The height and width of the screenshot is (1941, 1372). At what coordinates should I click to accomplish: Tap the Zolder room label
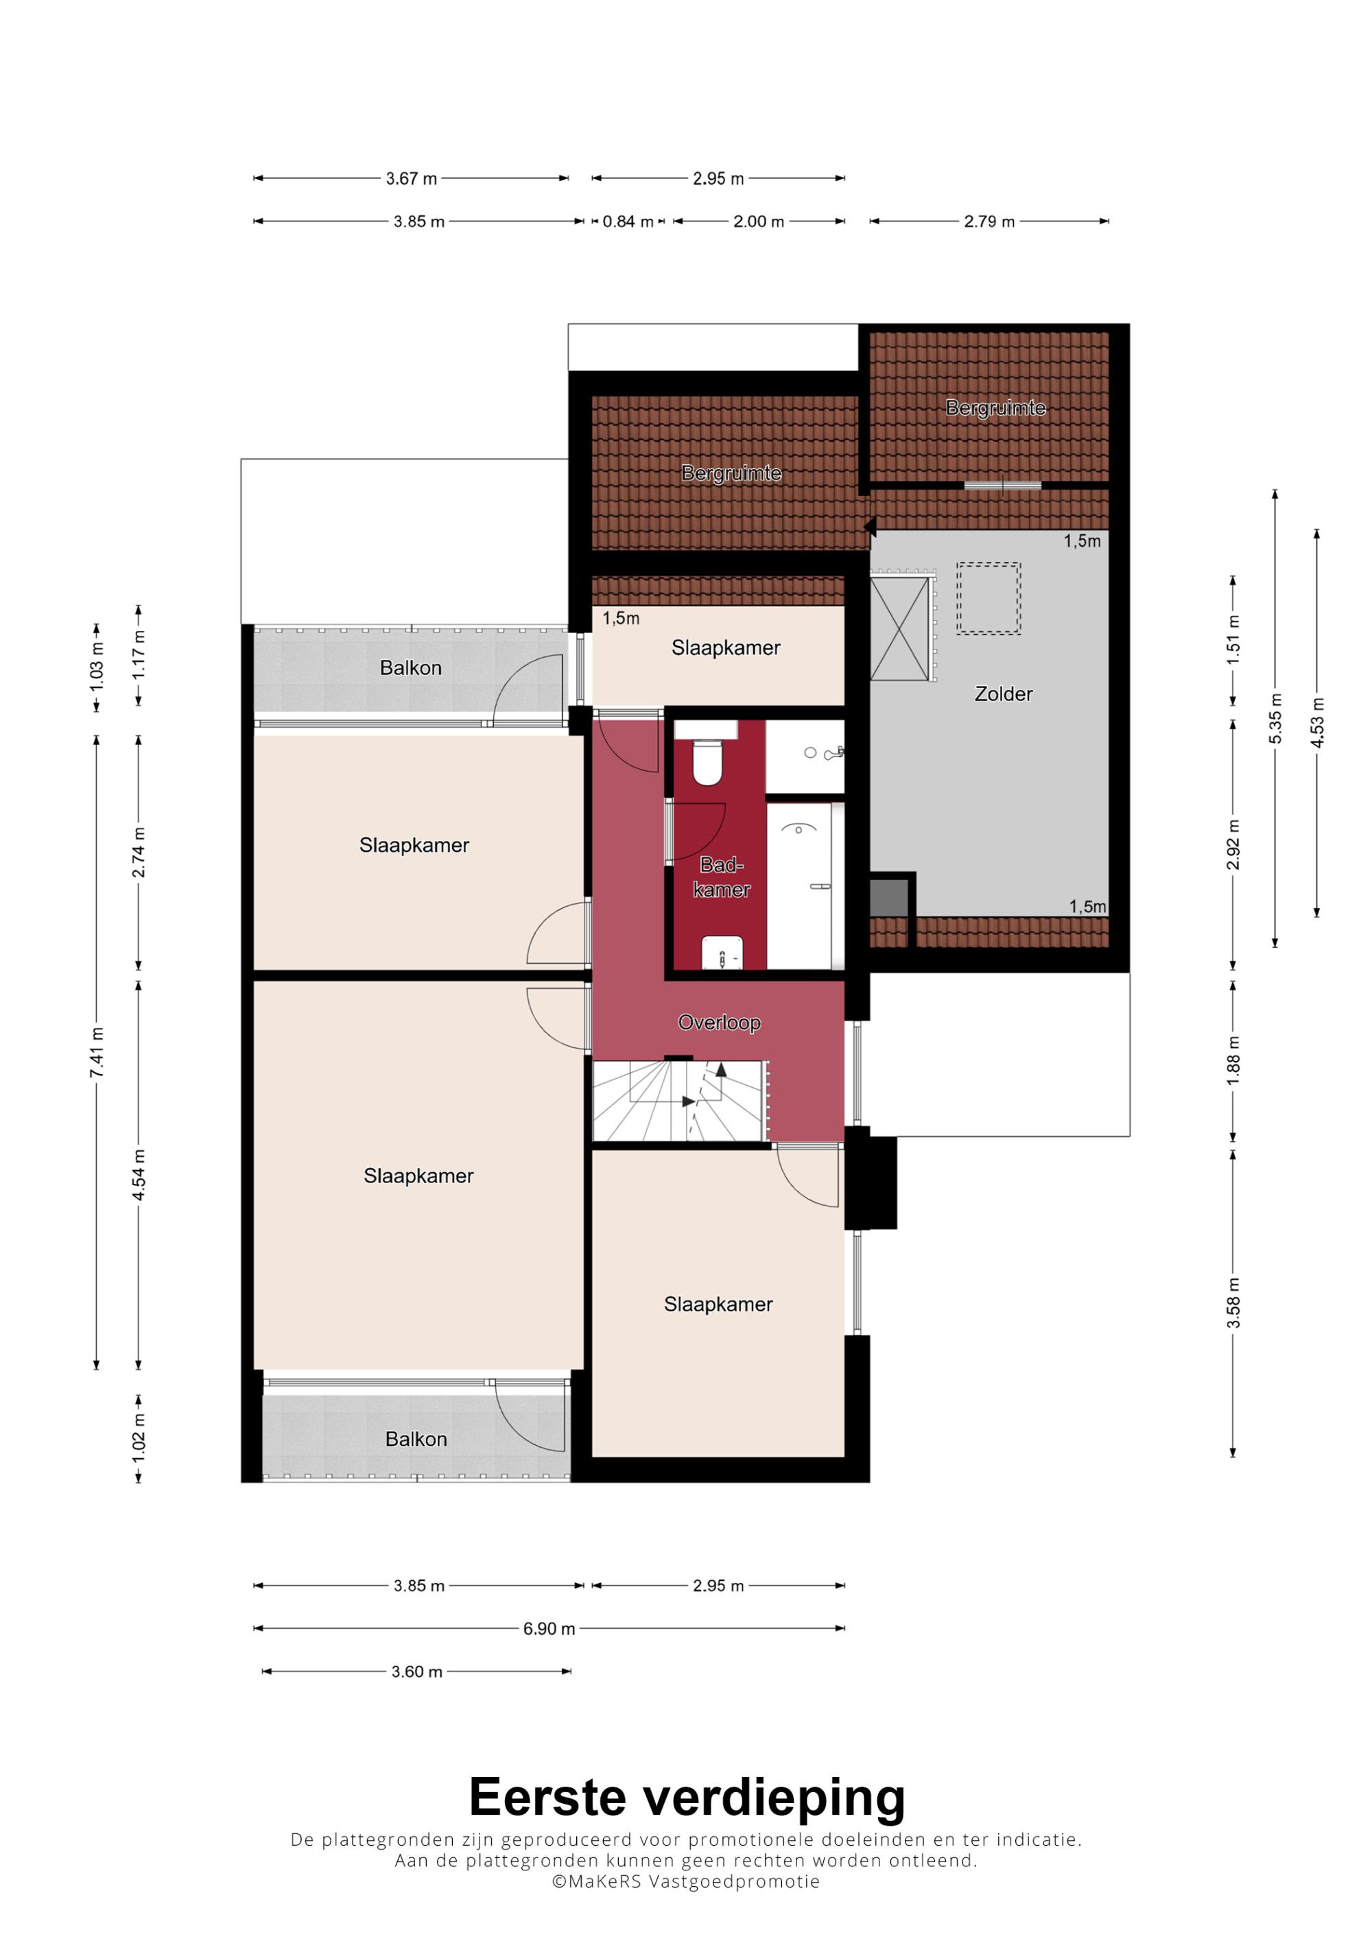(1004, 694)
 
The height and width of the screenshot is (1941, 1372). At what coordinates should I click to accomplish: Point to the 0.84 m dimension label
(627, 222)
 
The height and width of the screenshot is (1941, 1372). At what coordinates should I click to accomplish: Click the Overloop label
(720, 1023)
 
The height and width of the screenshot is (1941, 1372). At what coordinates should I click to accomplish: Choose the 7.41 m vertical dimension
(97, 1053)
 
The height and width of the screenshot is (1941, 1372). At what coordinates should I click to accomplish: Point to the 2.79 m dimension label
(989, 222)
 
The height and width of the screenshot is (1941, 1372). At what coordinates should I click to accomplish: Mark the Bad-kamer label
(722, 877)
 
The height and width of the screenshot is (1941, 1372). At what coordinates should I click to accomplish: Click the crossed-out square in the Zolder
(899, 629)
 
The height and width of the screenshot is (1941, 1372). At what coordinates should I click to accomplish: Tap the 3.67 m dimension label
(412, 178)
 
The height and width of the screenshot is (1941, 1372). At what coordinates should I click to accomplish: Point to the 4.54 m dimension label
(139, 1175)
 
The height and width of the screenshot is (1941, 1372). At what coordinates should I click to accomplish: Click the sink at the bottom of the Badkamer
(722, 953)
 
